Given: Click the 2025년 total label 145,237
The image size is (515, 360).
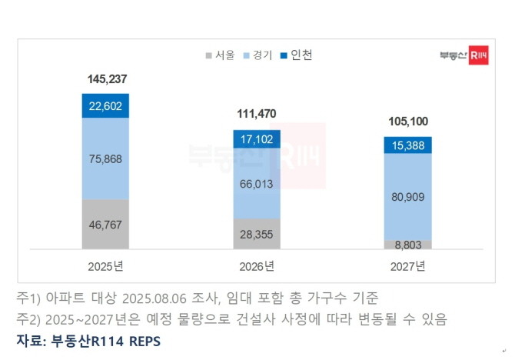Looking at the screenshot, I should click(x=105, y=80).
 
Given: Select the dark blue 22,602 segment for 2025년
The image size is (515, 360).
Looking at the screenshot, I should click(x=105, y=106).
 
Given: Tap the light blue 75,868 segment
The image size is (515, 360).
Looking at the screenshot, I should click(x=105, y=158).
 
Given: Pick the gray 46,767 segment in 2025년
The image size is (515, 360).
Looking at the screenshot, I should click(x=105, y=224).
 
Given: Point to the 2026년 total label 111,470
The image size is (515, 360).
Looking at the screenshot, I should click(x=257, y=114).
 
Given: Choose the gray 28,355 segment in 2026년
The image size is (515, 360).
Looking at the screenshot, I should click(x=257, y=233).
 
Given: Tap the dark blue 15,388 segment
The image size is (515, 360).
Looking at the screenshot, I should click(x=408, y=145).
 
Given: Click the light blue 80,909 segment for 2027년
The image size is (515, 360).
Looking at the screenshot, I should click(x=408, y=197).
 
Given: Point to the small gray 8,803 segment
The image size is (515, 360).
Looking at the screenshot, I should click(x=408, y=244).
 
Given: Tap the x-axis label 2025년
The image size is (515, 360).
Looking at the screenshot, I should click(x=105, y=267).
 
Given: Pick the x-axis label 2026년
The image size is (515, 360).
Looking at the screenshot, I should click(x=257, y=267).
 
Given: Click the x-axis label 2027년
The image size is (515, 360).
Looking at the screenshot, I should click(x=408, y=267).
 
